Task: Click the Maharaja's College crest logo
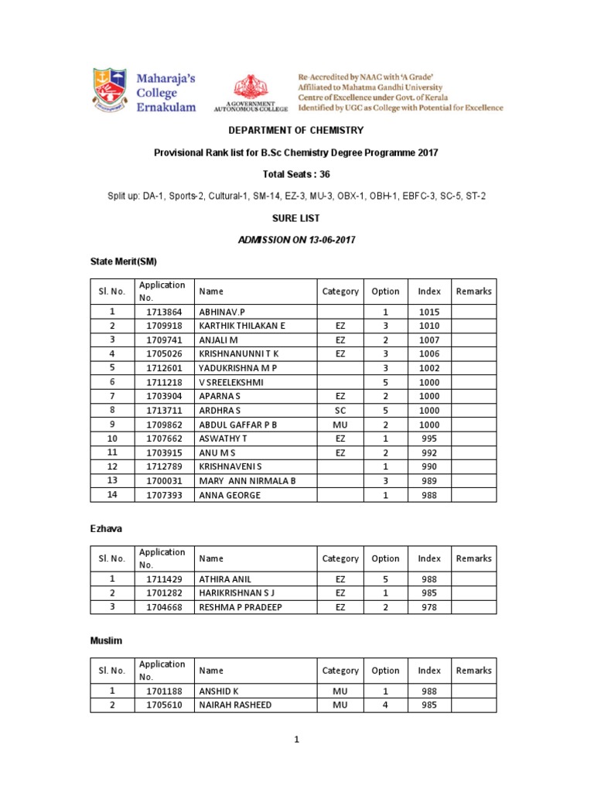point(108,92)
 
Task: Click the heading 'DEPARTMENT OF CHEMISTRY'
point(296,131)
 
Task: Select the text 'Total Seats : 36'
point(296,175)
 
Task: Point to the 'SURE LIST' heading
point(296,219)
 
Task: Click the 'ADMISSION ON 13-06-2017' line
point(296,241)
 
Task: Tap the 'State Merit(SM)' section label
point(124,262)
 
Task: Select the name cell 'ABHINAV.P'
point(220,311)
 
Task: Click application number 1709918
point(163,326)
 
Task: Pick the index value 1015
point(428,311)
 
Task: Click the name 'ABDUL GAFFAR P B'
point(237,425)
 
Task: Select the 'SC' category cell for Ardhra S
point(340,411)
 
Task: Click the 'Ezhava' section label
point(106,529)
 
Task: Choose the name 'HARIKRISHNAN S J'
point(237,593)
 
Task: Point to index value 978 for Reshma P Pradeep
point(428,607)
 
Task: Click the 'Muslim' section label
point(106,641)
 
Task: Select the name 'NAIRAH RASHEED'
point(235,705)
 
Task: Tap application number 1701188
point(163,691)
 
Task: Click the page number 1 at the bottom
point(295,740)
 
